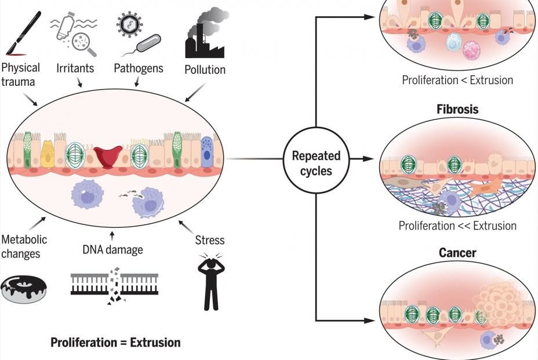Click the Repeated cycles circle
[x=316, y=163]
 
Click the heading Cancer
[x=457, y=253]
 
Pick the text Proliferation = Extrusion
[x=115, y=343]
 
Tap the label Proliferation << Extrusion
[x=457, y=225]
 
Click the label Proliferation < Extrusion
[x=457, y=80]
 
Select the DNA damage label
[x=113, y=249]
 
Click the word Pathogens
[x=139, y=68]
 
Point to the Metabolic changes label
[x=24, y=245]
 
